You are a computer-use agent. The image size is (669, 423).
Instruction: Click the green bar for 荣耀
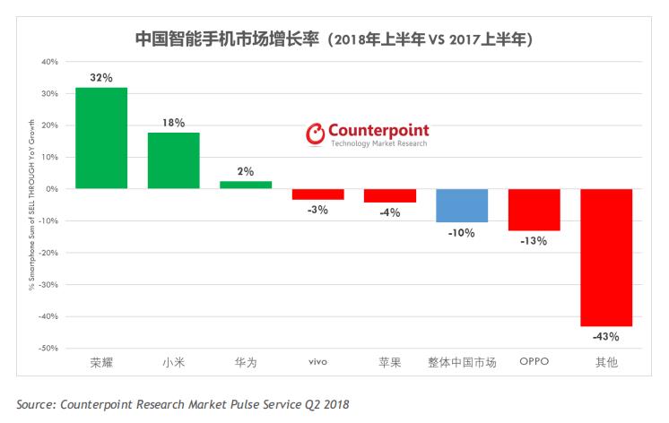pos(101,138)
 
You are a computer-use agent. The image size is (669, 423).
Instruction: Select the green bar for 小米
pos(173,160)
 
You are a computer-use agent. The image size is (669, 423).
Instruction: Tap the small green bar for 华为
pos(245,185)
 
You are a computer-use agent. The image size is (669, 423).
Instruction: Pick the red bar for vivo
pos(317,194)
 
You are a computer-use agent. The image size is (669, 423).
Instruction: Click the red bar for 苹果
pos(389,195)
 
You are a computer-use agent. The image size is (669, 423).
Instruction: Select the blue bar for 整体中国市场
pos(462,205)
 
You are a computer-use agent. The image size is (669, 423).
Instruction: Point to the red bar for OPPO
pos(534,210)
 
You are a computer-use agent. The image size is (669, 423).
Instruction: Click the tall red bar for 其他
pos(606,257)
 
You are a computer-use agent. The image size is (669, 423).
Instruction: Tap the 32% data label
pos(100,78)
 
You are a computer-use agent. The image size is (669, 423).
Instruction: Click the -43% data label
pos(606,337)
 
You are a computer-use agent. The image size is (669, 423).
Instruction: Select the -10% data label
pos(462,232)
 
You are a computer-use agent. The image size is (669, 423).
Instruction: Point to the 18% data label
pos(173,123)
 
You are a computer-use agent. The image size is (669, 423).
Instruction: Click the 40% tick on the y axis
pos(49,62)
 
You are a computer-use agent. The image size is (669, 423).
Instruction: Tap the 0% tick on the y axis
pos(52,189)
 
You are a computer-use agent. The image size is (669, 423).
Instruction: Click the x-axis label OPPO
pos(534,363)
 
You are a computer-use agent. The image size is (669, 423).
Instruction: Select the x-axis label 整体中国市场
pos(462,363)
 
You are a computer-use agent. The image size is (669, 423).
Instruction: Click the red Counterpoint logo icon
pos(316,134)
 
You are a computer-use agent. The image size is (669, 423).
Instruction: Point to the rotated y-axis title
pos(31,204)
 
